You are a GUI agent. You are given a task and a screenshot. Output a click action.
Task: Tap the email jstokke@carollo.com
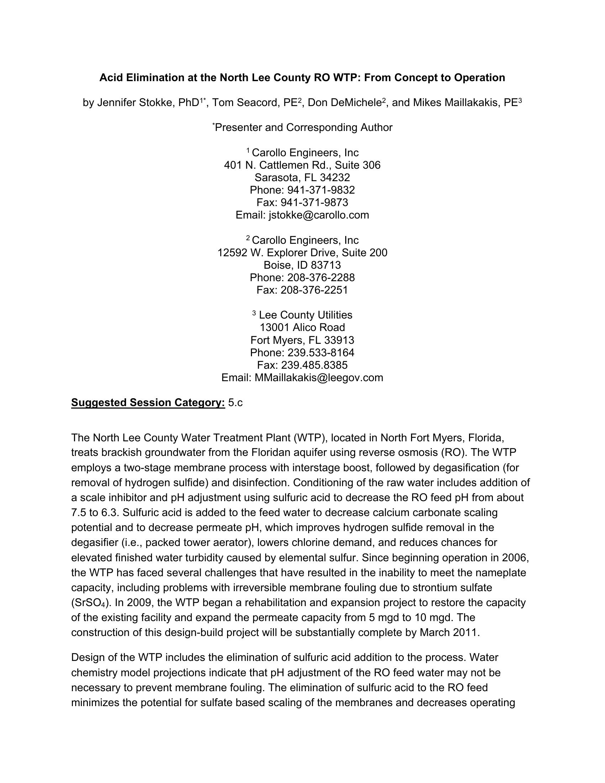coord(319,215)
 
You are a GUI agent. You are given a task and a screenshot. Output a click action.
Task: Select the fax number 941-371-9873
coord(314,203)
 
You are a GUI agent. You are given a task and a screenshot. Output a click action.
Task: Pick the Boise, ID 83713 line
coord(302,265)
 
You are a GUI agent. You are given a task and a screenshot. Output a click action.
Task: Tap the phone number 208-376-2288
coord(321,278)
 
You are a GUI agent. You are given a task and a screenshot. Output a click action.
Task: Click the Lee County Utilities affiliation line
coord(305,315)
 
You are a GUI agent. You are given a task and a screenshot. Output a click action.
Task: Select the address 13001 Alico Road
coord(302,327)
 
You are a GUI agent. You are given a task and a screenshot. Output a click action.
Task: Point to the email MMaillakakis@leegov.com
coord(319,378)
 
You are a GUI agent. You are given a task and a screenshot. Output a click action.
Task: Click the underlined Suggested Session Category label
coord(148,403)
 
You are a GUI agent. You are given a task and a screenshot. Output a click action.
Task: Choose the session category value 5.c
coord(235,403)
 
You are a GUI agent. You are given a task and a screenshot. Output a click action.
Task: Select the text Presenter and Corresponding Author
coord(303,128)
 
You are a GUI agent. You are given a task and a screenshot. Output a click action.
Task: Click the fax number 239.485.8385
coord(314,365)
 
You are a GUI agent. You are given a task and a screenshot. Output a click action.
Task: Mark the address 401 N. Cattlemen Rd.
coord(277,165)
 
